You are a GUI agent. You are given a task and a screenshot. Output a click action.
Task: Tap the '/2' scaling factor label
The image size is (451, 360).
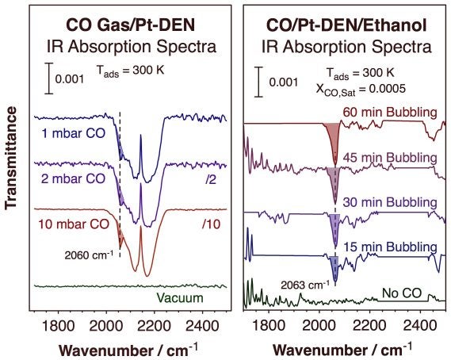coord(209,179)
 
